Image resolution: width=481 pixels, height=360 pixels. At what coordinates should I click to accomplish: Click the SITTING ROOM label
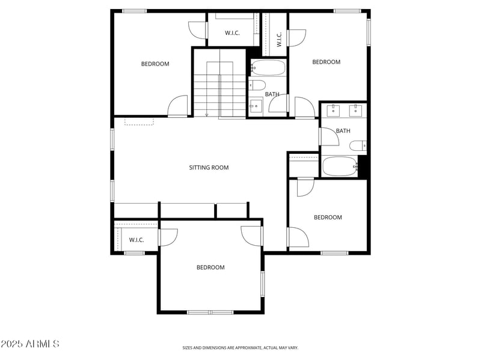[209, 168]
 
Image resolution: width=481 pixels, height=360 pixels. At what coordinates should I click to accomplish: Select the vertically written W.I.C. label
[280, 40]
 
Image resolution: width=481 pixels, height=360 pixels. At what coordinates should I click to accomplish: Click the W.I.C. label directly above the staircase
[232, 33]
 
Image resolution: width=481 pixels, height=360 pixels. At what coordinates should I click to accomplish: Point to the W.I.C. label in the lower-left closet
[136, 240]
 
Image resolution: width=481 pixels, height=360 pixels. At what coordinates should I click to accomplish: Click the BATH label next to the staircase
[272, 94]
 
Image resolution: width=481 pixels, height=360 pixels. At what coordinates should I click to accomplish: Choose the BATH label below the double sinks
[343, 131]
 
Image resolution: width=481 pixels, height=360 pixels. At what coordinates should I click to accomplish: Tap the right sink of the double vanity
[355, 111]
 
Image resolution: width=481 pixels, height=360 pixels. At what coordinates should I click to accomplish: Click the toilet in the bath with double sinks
[358, 145]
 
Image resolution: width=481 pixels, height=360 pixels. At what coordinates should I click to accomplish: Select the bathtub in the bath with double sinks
[340, 166]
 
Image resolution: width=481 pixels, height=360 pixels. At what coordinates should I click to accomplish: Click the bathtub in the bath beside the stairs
[268, 68]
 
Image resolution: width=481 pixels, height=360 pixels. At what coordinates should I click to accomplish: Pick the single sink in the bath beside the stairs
[256, 108]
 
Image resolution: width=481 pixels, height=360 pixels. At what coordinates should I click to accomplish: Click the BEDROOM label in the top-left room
[155, 64]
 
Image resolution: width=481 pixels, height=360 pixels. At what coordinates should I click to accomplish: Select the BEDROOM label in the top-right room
[326, 62]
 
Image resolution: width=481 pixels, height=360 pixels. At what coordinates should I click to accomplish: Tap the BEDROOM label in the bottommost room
[210, 267]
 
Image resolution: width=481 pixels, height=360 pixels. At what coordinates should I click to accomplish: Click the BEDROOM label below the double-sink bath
[328, 218]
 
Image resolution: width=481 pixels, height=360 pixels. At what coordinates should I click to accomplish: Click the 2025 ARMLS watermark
[30, 344]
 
